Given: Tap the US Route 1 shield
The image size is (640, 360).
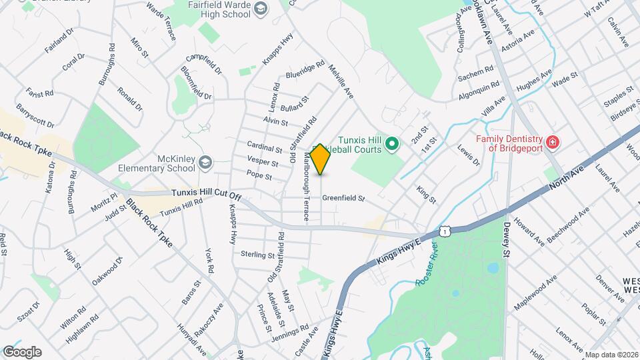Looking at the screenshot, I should pyautogui.click(x=445, y=230).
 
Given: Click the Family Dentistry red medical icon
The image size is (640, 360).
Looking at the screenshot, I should pyautogui.click(x=552, y=142).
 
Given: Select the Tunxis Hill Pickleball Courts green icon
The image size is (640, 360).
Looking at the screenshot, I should pyautogui.click(x=393, y=143).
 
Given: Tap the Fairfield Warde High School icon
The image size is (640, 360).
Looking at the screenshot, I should pyautogui.click(x=261, y=9).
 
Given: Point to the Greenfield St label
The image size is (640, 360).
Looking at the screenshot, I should pyautogui.click(x=344, y=199).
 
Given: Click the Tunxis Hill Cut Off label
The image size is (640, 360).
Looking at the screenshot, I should pyautogui.click(x=205, y=193).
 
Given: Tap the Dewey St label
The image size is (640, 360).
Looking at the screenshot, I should pyautogui.click(x=507, y=240).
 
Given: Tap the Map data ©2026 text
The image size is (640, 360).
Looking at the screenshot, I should pyautogui.click(x=611, y=355).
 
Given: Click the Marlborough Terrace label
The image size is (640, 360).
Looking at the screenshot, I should pyautogui.click(x=307, y=187).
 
